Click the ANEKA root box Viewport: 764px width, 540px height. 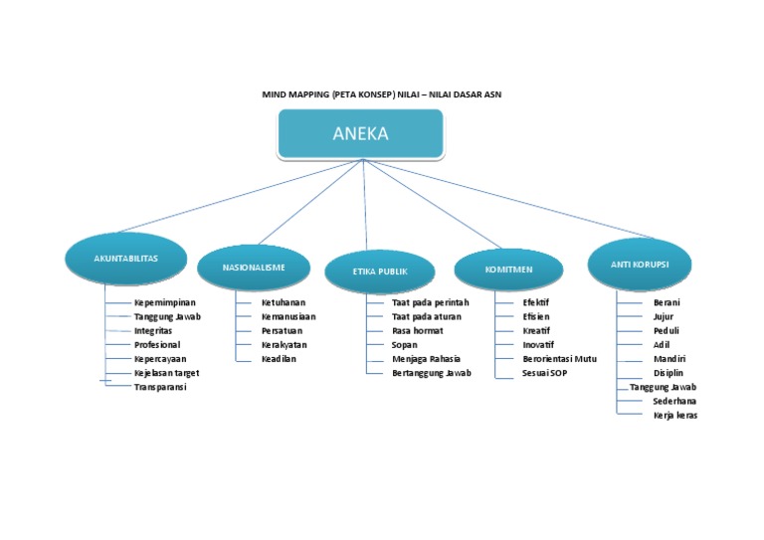pos(360,134)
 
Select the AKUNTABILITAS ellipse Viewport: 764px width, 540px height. pos(125,259)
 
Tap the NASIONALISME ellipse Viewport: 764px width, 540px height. pos(254,268)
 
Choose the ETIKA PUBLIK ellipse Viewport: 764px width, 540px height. pos(380,270)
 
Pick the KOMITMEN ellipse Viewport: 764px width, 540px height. pos(508,270)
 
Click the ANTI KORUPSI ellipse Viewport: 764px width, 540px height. pos(639,263)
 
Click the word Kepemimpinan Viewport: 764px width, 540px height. pos(165,302)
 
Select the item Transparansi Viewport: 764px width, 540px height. pos(160,387)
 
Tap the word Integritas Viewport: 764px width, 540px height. pos(153,330)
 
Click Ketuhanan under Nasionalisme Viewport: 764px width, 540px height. pos(284,302)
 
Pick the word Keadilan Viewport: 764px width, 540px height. pos(280,359)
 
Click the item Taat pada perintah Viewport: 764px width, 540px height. pos(430,302)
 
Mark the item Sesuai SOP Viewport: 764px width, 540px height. pos(545,373)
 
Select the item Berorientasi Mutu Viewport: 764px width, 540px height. pos(560,359)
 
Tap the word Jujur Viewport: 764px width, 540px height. pos(664,316)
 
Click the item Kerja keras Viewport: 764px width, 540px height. pos(675,416)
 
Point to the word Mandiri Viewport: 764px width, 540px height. pos(669,359)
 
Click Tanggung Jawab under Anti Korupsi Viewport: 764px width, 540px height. pos(664,387)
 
